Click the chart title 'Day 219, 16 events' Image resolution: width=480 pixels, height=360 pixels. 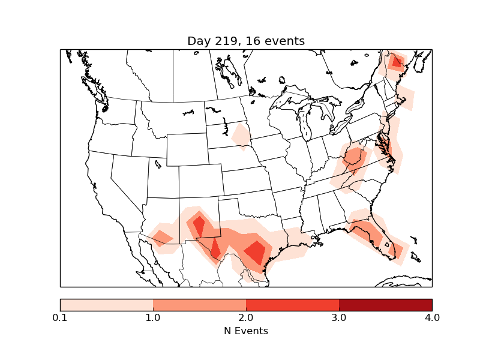click(x=246, y=41)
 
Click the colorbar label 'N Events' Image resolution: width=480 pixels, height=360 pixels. click(x=246, y=331)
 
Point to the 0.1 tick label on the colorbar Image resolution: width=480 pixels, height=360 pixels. click(x=60, y=317)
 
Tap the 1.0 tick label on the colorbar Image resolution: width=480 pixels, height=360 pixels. click(x=153, y=317)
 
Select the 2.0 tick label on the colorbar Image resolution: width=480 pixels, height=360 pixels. click(x=246, y=317)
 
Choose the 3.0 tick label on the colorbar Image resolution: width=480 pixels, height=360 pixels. click(x=339, y=317)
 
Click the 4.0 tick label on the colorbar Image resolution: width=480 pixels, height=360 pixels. click(x=432, y=317)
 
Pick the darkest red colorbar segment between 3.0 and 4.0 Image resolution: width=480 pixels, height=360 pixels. click(x=385, y=305)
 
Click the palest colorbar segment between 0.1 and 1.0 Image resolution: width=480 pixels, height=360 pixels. click(x=106, y=305)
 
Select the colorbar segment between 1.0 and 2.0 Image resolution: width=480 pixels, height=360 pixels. click(x=199, y=305)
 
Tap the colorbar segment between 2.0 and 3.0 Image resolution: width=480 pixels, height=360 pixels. click(x=292, y=305)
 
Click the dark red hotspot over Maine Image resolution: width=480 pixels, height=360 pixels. click(x=396, y=61)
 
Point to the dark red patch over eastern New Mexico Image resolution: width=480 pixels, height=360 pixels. click(x=199, y=226)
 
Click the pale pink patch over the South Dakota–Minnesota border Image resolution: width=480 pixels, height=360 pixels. click(x=241, y=136)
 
